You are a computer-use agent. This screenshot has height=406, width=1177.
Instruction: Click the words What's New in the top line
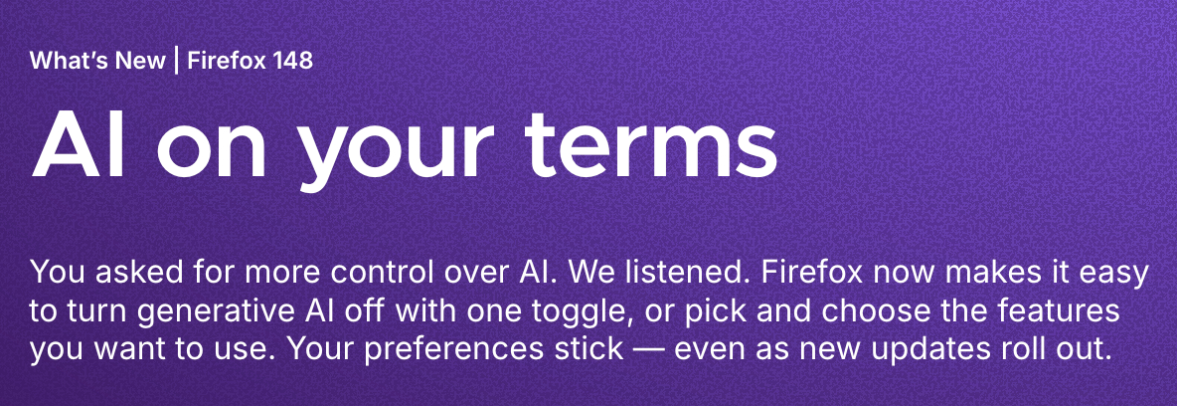click(x=97, y=60)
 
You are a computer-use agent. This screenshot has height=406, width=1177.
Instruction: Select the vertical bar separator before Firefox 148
click(x=176, y=60)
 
